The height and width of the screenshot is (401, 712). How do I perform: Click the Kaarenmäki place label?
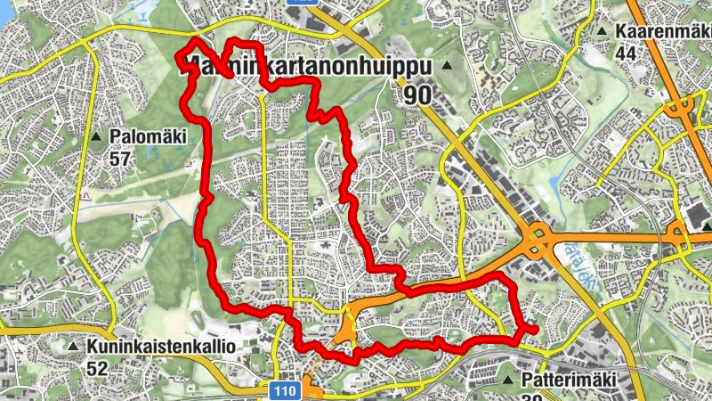tap(660, 30)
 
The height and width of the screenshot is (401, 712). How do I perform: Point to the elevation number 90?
tap(418, 94)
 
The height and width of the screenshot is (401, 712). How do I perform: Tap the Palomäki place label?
tap(147, 137)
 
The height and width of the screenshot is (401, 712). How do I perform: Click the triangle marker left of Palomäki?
tap(95, 137)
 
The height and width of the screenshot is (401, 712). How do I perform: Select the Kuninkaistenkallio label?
tap(160, 346)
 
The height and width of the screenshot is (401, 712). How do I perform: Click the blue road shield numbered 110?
tap(282, 391)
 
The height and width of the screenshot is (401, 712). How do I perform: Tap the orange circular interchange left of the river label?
tap(537, 237)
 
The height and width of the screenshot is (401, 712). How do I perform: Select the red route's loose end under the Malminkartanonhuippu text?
tap(231, 76)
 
